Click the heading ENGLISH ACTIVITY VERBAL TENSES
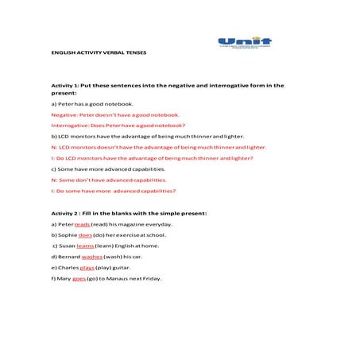[99, 52]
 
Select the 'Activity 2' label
[66, 213]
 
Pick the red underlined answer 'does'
[86, 235]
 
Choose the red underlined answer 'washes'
[92, 257]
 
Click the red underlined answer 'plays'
[87, 269]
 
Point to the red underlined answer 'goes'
[79, 279]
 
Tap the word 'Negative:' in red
[64, 114]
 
